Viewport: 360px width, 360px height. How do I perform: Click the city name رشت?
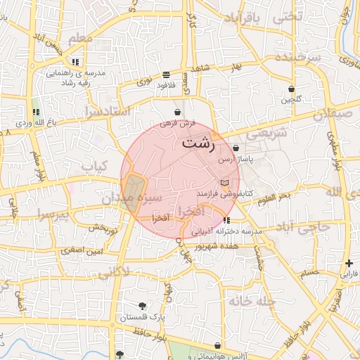point(198,141)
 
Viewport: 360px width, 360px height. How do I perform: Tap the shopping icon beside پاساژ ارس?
point(235,148)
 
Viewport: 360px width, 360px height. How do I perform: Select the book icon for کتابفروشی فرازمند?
point(224,183)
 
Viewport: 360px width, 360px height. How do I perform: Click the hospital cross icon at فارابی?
point(349,263)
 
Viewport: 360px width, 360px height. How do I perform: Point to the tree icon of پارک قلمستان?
point(143,305)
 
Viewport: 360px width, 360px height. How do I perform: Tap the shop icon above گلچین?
point(292,89)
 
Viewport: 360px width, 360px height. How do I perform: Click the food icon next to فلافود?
point(165,75)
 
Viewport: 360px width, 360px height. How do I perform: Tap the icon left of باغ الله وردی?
point(36,112)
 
